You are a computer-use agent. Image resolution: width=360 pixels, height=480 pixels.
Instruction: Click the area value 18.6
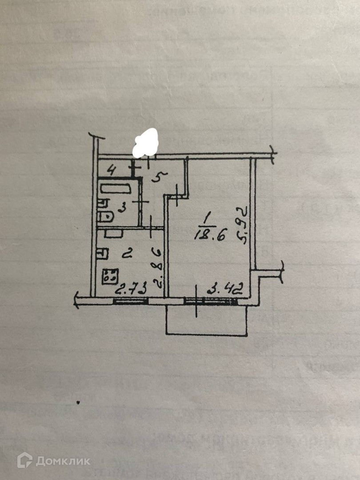pyautogui.click(x=209, y=235)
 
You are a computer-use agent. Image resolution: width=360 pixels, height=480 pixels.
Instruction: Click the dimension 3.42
pyautogui.click(x=224, y=292)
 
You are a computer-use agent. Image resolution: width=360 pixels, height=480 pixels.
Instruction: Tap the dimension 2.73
pyautogui.click(x=131, y=291)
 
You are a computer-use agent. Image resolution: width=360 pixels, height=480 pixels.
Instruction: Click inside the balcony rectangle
pyautogui.click(x=206, y=320)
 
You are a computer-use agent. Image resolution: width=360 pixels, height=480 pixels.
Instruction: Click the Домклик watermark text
pyautogui.click(x=63, y=460)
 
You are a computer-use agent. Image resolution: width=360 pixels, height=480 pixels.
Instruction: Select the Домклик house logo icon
pyautogui.click(x=24, y=460)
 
